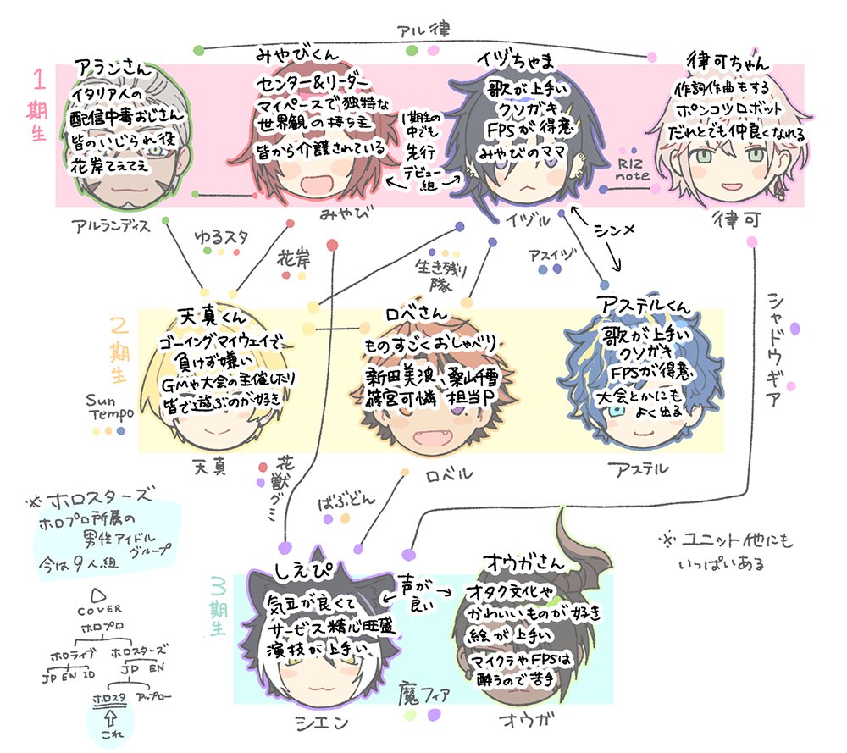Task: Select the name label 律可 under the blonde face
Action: pyautogui.click(x=733, y=216)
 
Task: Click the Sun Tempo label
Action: pyautogui.click(x=110, y=407)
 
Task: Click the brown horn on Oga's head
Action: pyautogui.click(x=590, y=542)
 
